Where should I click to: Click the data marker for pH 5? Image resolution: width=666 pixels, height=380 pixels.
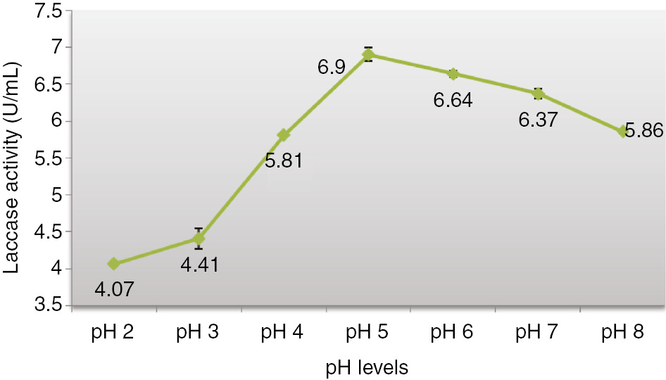[368, 54]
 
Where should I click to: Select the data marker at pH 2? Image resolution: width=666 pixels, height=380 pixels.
[114, 264]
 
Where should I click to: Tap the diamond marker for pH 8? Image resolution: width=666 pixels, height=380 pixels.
[623, 132]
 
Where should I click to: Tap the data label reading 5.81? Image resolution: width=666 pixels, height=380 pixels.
[283, 160]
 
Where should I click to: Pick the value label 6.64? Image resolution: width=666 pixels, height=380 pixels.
[453, 100]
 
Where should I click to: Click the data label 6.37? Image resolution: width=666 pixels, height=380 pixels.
[538, 120]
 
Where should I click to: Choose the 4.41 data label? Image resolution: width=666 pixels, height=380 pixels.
[199, 265]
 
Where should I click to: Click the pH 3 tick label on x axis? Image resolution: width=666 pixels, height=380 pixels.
[199, 334]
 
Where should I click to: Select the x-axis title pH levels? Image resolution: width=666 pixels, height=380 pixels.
[367, 367]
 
